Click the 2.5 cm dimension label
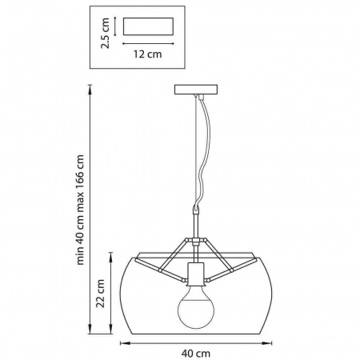[x=105, y=33]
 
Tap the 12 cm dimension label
[x=147, y=54]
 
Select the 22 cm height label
[x=100, y=294]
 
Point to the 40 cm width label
[x=196, y=354]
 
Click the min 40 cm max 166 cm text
[x=80, y=210]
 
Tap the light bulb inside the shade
[x=196, y=306]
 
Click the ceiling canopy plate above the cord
[x=196, y=90]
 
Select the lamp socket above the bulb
[x=196, y=274]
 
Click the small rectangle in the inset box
[x=148, y=26]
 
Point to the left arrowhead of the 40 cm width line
[x=123, y=343]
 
